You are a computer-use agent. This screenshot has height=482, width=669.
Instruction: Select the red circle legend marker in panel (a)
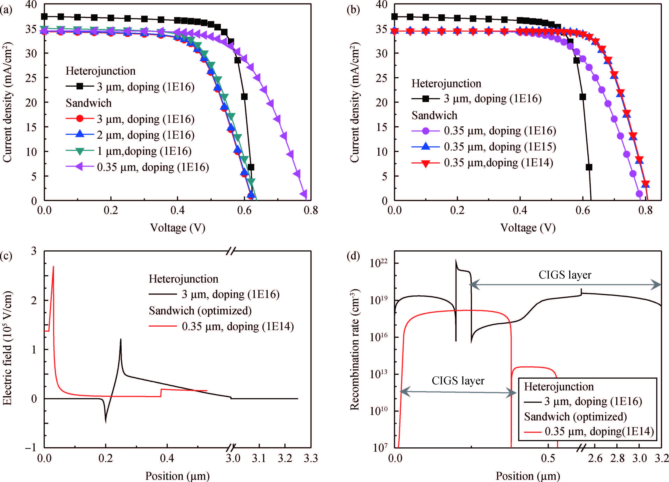click(80, 119)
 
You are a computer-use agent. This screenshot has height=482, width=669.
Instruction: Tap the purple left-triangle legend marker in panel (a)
click(80, 167)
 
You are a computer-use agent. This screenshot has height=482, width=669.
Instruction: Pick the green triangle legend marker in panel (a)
click(80, 151)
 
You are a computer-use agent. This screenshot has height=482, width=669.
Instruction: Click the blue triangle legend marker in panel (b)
click(425, 147)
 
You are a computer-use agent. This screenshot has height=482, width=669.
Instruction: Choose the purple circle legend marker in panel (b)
click(425, 131)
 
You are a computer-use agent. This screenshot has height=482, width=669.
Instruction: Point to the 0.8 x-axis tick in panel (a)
click(311, 210)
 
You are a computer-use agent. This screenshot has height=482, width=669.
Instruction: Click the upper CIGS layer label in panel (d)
click(565, 275)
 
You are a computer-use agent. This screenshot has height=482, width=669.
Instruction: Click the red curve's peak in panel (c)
click(53, 266)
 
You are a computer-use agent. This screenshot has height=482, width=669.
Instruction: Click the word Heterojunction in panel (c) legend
click(183, 279)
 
